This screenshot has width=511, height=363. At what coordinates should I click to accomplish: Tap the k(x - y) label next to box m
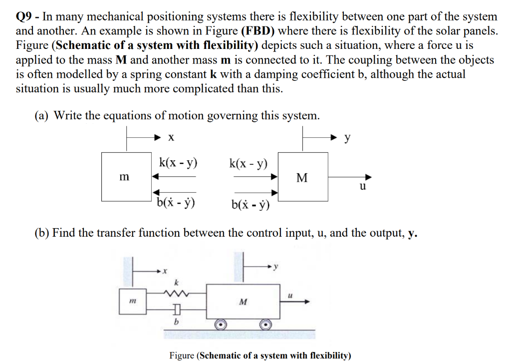178,162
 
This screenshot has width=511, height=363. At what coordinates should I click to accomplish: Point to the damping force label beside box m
175,203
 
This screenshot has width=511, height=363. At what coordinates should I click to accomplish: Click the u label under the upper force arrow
362,187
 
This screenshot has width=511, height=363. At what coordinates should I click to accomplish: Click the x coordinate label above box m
171,136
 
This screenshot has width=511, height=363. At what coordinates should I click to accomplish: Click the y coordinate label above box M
347,136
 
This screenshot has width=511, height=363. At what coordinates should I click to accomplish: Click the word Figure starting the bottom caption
182,356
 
